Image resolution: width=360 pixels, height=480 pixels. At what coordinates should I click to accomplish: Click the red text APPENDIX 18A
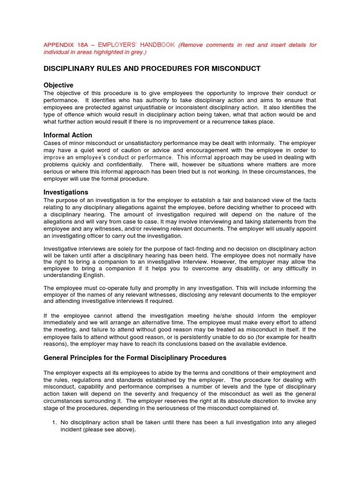[x=63, y=45]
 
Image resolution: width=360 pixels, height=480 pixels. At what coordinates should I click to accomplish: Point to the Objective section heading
[x=58, y=85]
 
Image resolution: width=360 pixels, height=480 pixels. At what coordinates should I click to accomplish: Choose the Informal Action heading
[x=67, y=135]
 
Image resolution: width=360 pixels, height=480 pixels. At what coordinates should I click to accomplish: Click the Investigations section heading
[x=66, y=192]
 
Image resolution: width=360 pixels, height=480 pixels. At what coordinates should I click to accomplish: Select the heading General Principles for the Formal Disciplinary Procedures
[x=135, y=358]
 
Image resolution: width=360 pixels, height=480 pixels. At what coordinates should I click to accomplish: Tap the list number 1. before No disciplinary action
[x=54, y=423]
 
